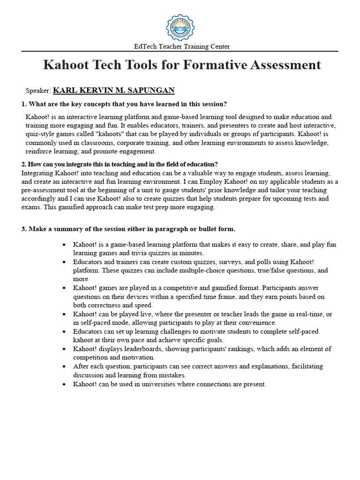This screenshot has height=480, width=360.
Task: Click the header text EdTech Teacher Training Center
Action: (x=182, y=46)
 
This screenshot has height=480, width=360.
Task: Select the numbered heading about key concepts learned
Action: (x=124, y=104)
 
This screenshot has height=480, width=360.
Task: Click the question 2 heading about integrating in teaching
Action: (x=120, y=164)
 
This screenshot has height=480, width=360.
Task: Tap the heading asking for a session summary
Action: (x=128, y=229)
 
